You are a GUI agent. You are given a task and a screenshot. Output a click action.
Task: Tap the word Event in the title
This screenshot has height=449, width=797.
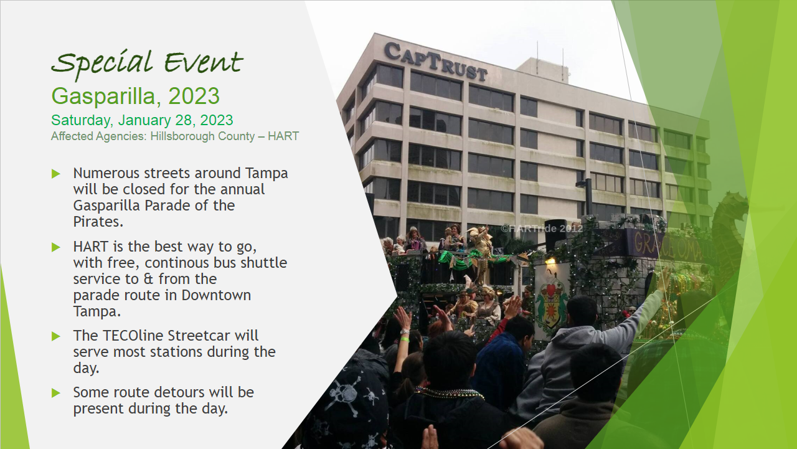coord(204,62)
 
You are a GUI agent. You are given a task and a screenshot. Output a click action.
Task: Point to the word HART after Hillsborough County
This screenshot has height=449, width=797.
coord(283,136)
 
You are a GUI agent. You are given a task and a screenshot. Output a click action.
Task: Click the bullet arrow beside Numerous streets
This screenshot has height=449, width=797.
coord(56,174)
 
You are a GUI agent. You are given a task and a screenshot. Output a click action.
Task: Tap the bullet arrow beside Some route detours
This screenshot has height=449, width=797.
coord(56,393)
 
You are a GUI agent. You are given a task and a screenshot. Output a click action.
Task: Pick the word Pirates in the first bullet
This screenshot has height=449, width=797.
coord(98,222)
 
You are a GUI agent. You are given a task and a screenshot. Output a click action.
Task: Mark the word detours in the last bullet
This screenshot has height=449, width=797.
coord(181,392)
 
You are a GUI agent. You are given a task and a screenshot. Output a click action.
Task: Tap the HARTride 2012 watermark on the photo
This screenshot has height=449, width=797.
coord(542,229)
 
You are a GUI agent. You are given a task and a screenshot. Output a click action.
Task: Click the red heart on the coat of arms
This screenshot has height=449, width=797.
coord(550,291)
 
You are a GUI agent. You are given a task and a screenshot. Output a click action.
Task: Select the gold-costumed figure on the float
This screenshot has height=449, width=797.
coord(481,253)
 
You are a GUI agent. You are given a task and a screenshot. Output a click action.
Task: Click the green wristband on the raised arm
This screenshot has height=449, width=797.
coord(404,339)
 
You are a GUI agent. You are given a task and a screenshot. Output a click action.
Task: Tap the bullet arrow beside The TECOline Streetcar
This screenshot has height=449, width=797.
coord(56,336)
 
